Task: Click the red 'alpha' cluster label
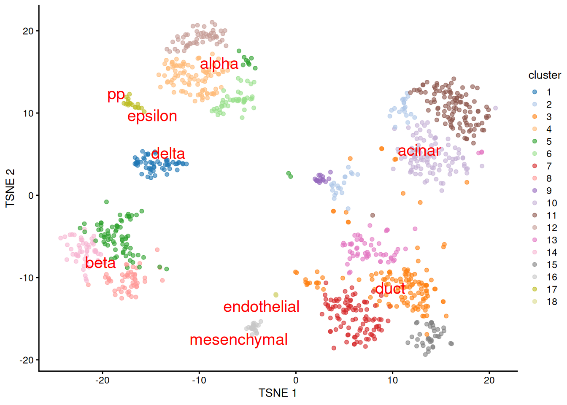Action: [219, 64]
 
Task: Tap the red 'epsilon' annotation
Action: [152, 116]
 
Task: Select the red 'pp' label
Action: [116, 94]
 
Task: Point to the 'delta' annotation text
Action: [168, 153]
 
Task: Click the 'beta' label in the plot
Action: [100, 263]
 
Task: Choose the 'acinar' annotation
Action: [419, 151]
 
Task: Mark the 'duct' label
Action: [390, 289]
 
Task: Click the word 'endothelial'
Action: [261, 307]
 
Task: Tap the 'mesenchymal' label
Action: [238, 340]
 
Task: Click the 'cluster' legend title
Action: [544, 75]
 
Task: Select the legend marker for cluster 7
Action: [535, 166]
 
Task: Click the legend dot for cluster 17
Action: [535, 289]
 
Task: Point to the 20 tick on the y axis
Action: [28, 31]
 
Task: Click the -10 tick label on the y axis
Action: [26, 278]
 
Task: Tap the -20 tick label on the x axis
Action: [102, 380]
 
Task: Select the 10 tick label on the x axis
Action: [392, 380]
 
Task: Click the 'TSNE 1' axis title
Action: [278, 393]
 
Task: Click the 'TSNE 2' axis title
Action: [10, 188]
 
